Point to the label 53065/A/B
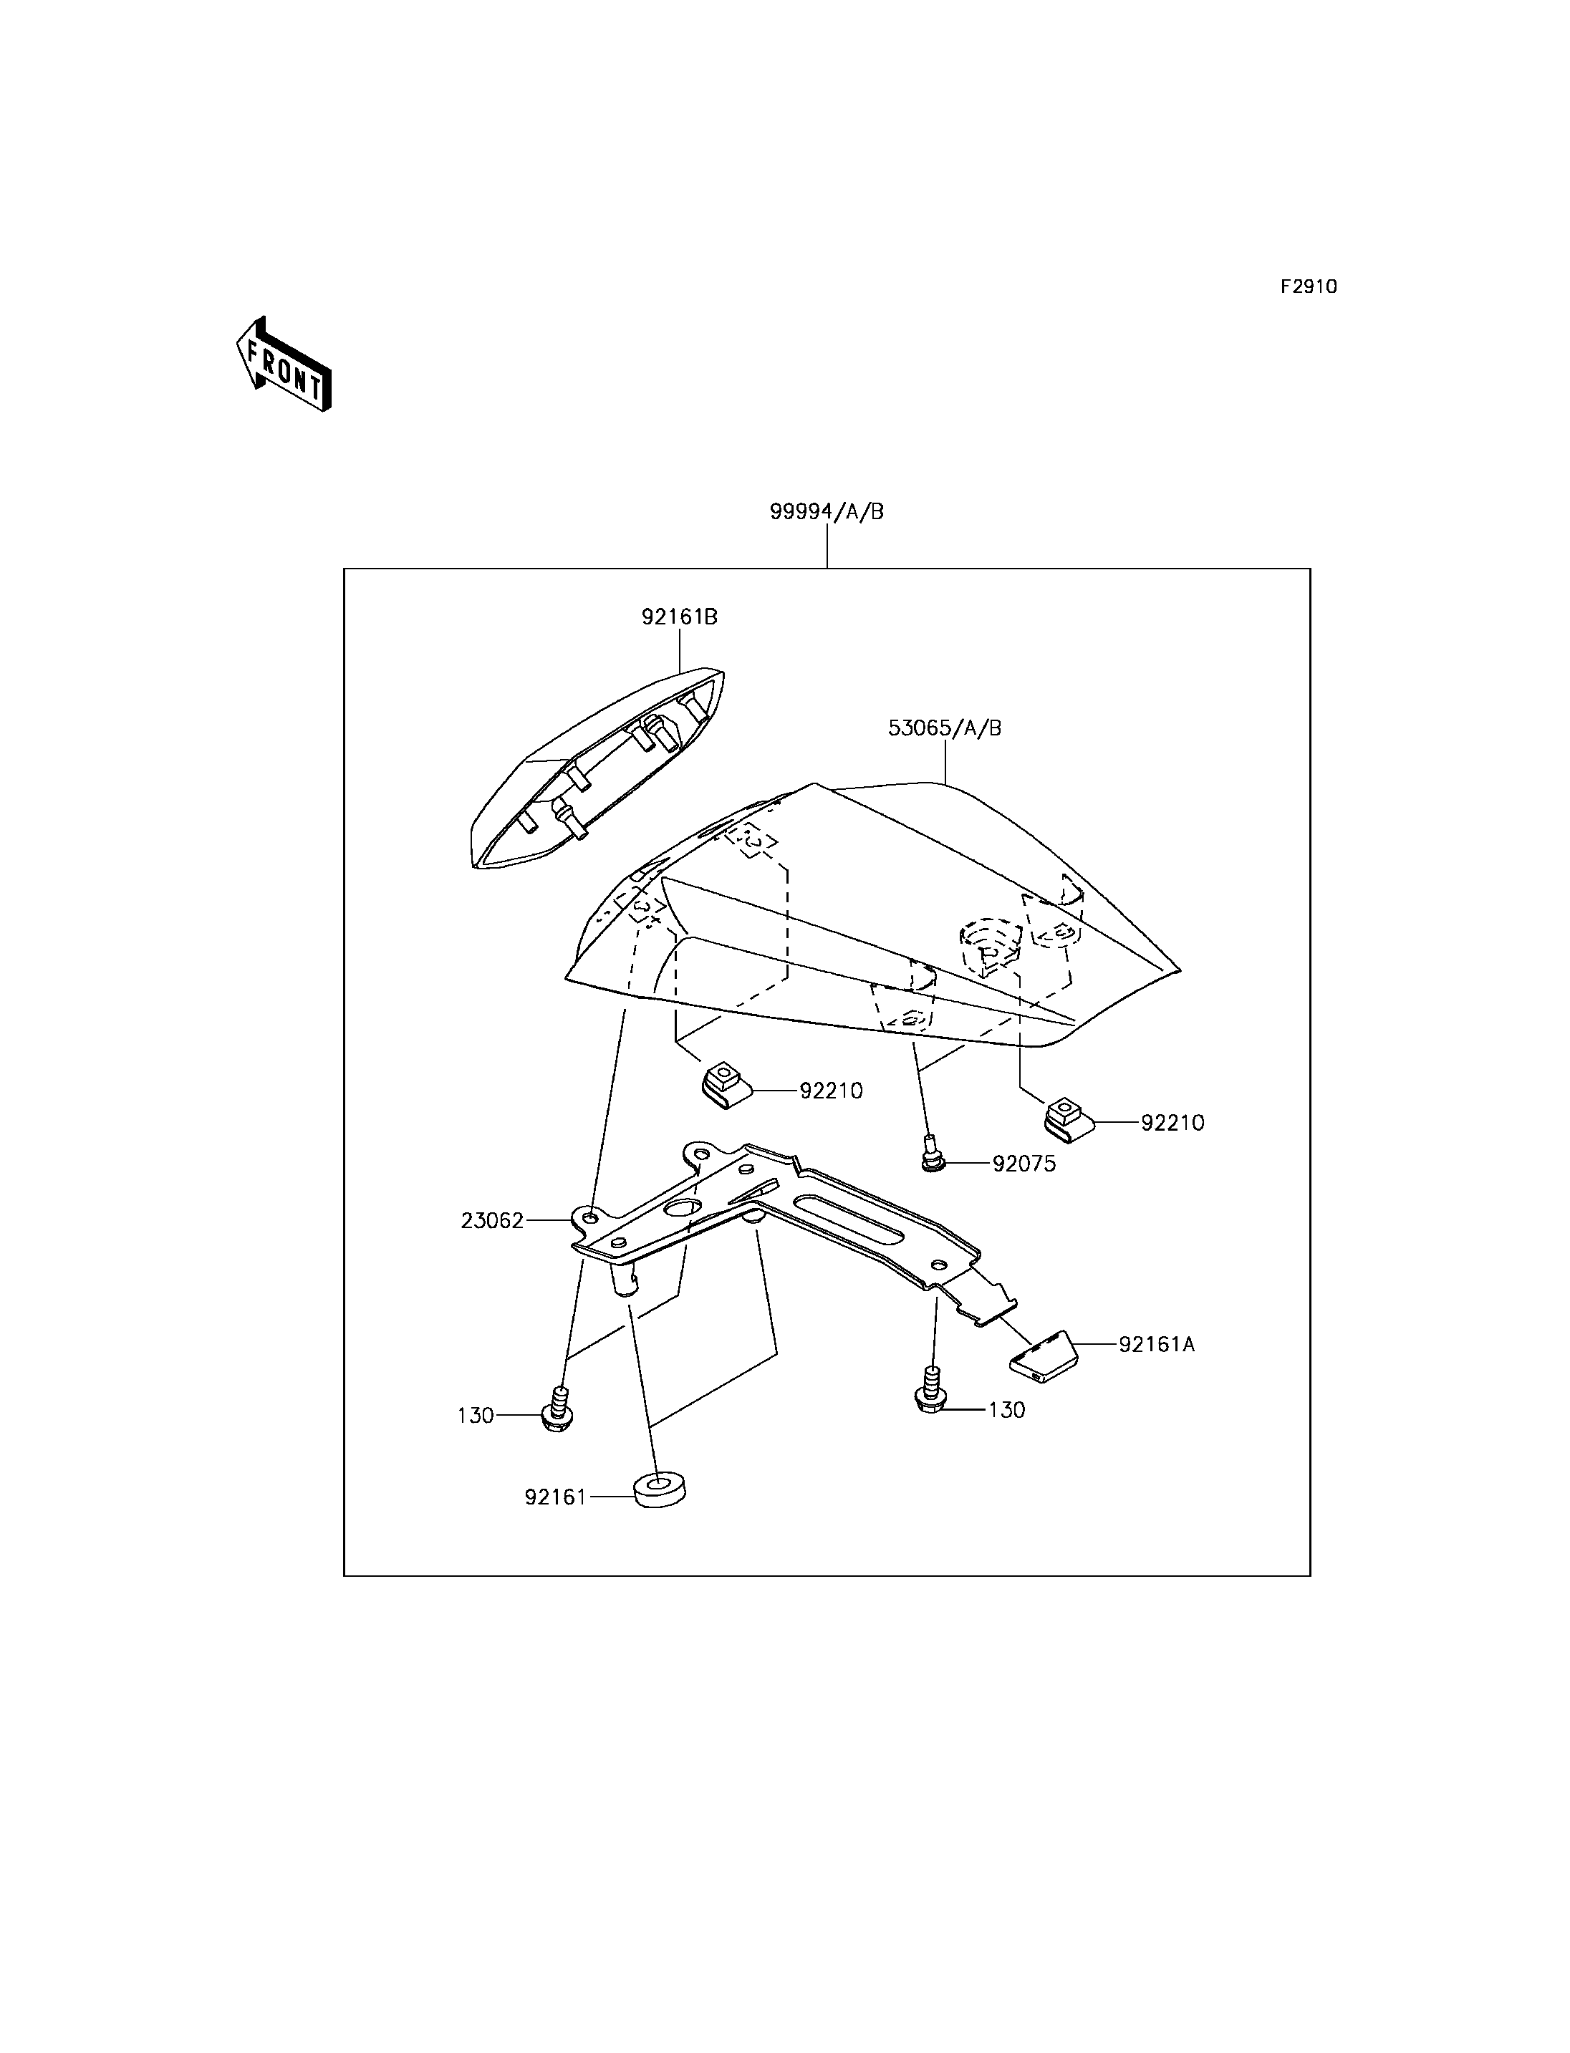[x=945, y=728]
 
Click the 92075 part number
[x=1024, y=1164]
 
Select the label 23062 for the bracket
[x=493, y=1220]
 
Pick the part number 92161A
[x=1157, y=1345]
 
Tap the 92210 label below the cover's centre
[x=831, y=1091]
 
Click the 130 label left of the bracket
[x=476, y=1416]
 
